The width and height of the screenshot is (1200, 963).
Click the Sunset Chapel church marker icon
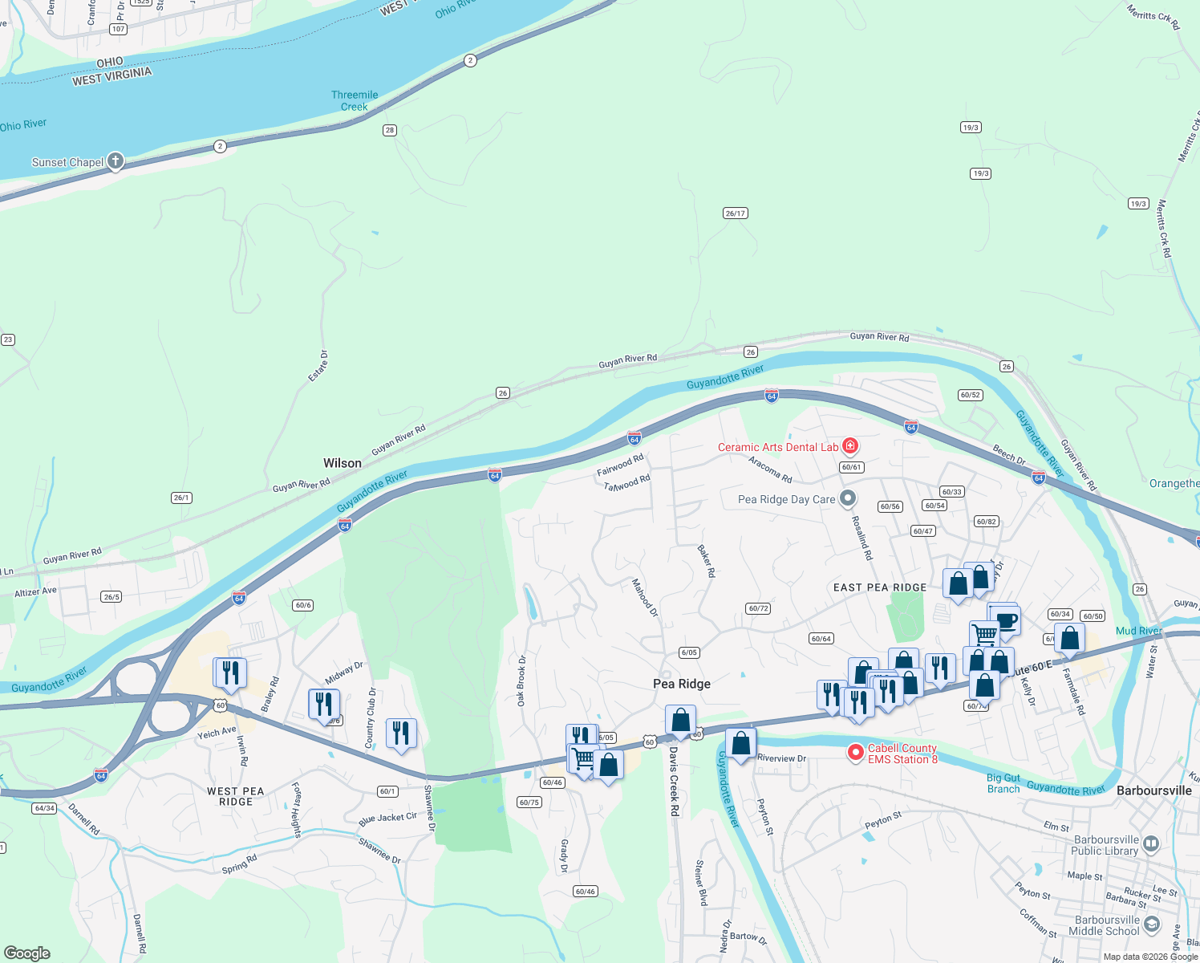pos(116,161)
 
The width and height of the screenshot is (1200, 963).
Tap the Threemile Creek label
pos(355,100)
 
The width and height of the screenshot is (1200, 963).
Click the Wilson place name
pos(343,463)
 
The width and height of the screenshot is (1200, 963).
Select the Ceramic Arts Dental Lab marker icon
pos(850,446)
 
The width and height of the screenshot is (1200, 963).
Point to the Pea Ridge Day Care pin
pos(847,498)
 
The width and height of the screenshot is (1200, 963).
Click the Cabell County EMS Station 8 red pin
pos(856,753)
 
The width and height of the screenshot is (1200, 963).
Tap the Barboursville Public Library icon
pos(1151,843)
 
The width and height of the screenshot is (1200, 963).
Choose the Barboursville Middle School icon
pos(1151,924)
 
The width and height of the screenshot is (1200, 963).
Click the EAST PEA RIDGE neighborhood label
pos(880,587)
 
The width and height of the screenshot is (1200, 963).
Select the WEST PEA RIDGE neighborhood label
pos(235,796)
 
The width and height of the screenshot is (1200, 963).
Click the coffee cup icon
pos(1005,620)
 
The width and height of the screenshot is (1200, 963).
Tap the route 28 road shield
pos(390,130)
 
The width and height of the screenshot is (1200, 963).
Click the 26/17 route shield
pos(736,213)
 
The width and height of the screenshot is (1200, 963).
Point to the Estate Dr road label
pos(318,365)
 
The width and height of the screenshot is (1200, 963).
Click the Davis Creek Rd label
pos(674,782)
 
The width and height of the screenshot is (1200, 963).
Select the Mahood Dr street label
pos(644,598)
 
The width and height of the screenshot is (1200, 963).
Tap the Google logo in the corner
pos(27,953)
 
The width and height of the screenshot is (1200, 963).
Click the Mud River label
pos(1138,631)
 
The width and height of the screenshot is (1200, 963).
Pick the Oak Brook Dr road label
pos(521,681)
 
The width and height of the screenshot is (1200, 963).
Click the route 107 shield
pos(118,29)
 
